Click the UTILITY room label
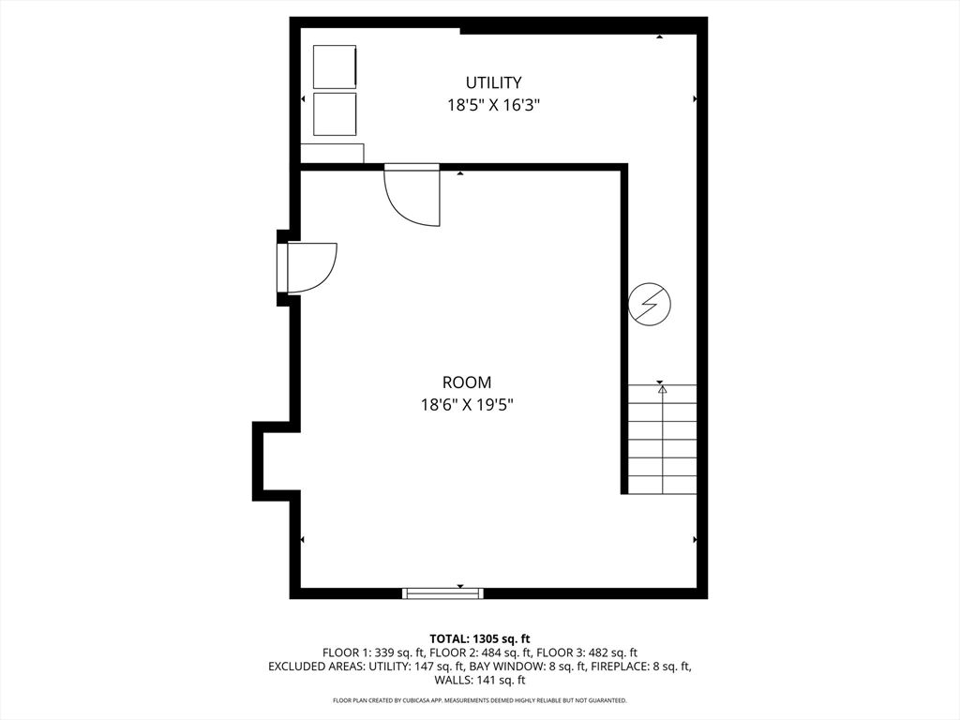coord(493,82)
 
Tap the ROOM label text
coord(467,382)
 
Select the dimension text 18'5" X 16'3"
coord(493,105)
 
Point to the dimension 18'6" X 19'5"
coord(467,405)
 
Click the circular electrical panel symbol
coord(650,304)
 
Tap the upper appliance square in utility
coord(335,67)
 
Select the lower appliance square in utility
coord(335,113)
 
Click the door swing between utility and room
coord(412,195)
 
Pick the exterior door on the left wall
coord(307,268)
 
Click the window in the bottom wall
coord(442,592)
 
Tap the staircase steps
coord(663,439)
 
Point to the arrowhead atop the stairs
coord(662,389)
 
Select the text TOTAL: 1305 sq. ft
coord(479,639)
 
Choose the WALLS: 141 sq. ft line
coord(480,680)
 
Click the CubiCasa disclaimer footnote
coord(480,700)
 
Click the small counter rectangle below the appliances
coord(333,154)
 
